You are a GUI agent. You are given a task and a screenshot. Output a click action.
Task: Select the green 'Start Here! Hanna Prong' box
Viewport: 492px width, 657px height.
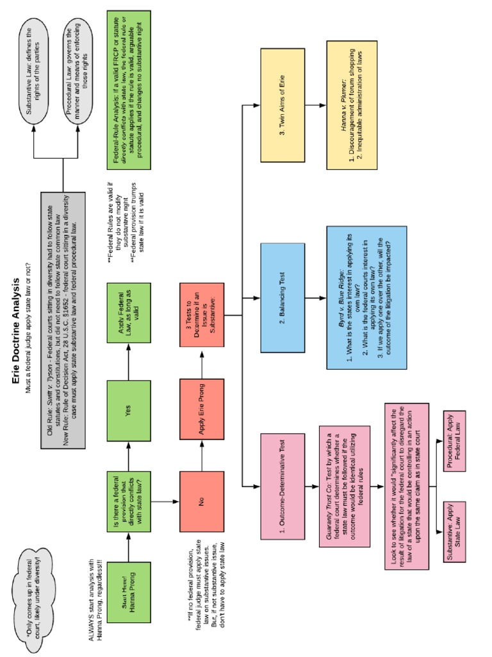click(x=128, y=592)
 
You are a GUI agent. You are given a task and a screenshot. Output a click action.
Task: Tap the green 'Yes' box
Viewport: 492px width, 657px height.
click(x=128, y=411)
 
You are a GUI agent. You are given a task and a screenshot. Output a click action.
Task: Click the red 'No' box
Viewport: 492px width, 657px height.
click(x=202, y=501)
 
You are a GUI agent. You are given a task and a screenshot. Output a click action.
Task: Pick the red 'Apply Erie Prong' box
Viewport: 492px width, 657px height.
click(x=202, y=409)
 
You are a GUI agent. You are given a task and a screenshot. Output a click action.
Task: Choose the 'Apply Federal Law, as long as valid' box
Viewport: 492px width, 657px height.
click(x=128, y=313)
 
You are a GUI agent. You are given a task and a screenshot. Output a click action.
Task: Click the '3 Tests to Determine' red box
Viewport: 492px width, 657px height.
click(x=202, y=314)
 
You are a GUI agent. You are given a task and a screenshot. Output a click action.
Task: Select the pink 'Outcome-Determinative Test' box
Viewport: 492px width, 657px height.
click(x=283, y=486)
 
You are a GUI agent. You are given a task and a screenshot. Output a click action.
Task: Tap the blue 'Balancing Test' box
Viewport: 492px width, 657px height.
click(x=283, y=298)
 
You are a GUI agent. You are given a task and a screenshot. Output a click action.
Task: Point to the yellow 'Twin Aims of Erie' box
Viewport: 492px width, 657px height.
click(x=283, y=105)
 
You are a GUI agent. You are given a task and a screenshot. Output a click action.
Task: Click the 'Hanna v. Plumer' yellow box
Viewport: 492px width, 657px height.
click(x=352, y=105)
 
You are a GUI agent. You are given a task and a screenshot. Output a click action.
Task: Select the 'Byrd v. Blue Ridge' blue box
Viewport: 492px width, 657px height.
click(x=366, y=298)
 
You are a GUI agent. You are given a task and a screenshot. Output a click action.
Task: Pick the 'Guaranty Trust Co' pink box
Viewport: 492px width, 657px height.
click(x=345, y=486)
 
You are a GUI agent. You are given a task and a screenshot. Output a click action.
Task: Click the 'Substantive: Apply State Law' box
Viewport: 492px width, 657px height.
click(x=454, y=531)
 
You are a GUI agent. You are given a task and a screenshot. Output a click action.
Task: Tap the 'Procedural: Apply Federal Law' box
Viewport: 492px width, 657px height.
click(x=454, y=441)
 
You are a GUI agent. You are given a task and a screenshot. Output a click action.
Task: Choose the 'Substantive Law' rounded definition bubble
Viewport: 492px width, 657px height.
click(x=33, y=71)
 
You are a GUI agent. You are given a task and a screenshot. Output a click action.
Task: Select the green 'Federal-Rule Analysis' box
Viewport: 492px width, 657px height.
click(x=128, y=90)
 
